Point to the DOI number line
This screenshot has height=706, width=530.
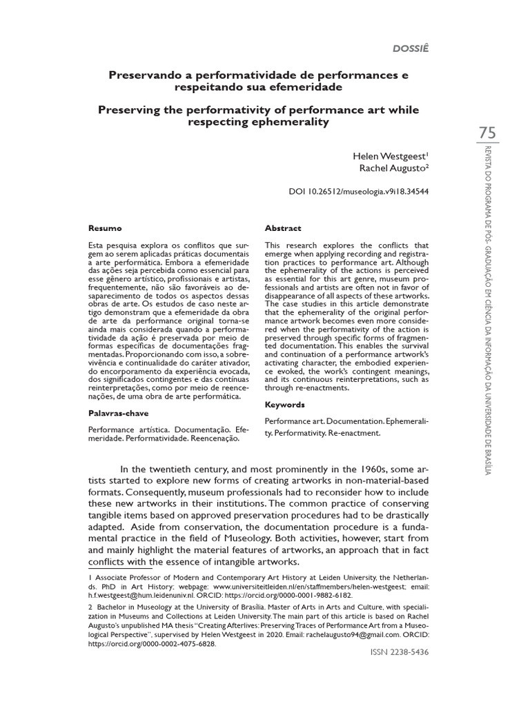pyautogui.click(x=358, y=192)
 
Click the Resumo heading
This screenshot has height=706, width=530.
pyautogui.click(x=105, y=228)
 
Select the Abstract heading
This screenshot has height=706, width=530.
pyautogui.click(x=283, y=228)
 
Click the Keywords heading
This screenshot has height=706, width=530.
pyautogui.click(x=285, y=405)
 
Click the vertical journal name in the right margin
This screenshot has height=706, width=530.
pyautogui.click(x=487, y=310)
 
